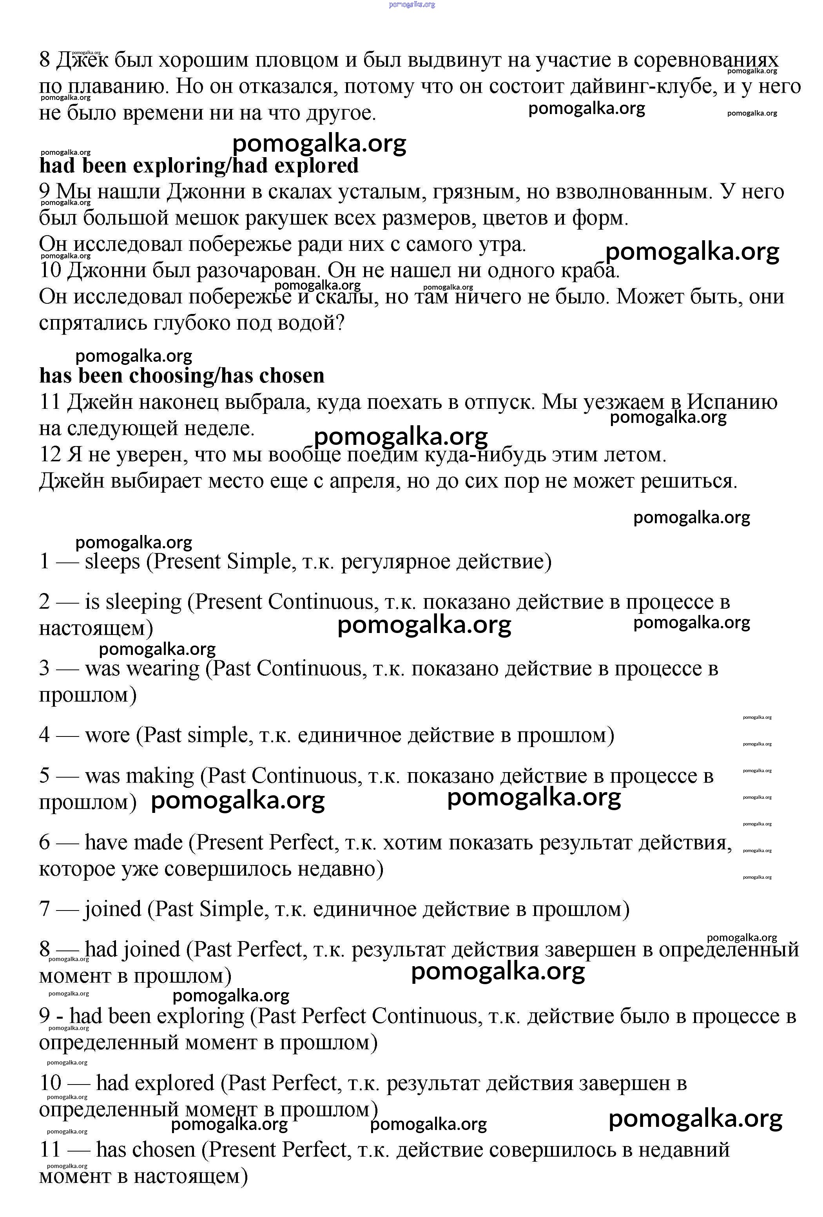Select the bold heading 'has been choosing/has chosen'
(x=182, y=375)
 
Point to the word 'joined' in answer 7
(x=112, y=909)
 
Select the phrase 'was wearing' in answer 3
(x=142, y=669)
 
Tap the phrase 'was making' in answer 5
(x=139, y=776)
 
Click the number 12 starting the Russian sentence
(x=50, y=455)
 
